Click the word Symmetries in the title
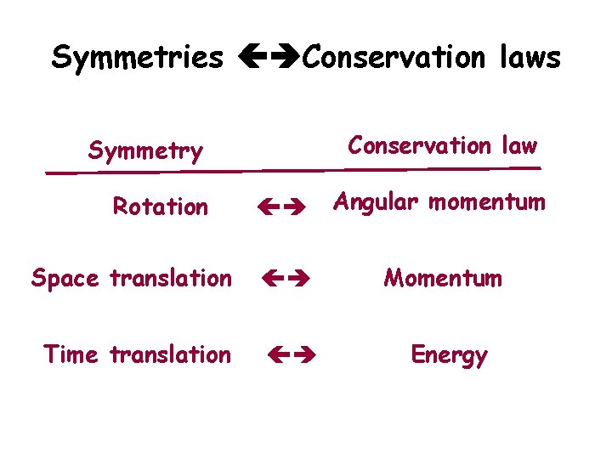[x=137, y=58]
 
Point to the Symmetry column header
[x=145, y=152]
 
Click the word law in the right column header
[x=519, y=145]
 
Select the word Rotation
[x=161, y=207]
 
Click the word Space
[x=66, y=279]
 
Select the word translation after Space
[x=171, y=278]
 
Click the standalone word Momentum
[x=443, y=278]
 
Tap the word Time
[x=72, y=354]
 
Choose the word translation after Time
[x=171, y=354]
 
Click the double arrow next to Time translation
[x=292, y=354]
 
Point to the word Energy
[x=449, y=355]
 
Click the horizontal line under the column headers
[x=293, y=171]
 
